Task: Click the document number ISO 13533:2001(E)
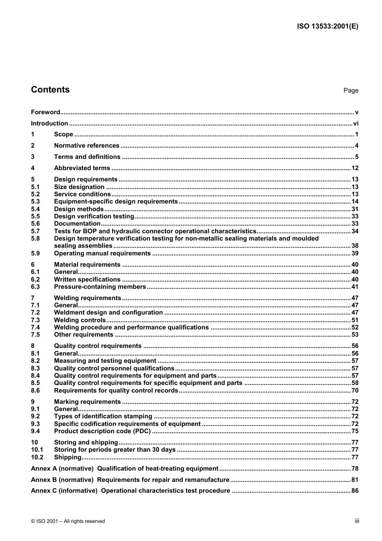point(327,27)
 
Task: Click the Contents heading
point(50,90)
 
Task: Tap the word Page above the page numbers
point(351,91)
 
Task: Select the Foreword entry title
point(45,112)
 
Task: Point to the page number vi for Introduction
point(355,123)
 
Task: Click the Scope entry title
point(64,134)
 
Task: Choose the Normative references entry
point(86,146)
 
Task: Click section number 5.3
point(35,202)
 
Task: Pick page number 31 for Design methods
point(354,209)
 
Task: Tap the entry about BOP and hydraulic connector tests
point(155,231)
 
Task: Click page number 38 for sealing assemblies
point(354,246)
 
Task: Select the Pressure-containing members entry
point(100,287)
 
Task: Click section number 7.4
point(35,327)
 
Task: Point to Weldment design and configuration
point(108,313)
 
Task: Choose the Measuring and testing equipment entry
point(105,361)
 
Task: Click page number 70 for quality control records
point(354,391)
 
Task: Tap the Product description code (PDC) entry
point(102,431)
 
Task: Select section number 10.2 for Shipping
point(37,457)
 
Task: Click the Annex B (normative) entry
point(130,480)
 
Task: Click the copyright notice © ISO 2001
point(68,521)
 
